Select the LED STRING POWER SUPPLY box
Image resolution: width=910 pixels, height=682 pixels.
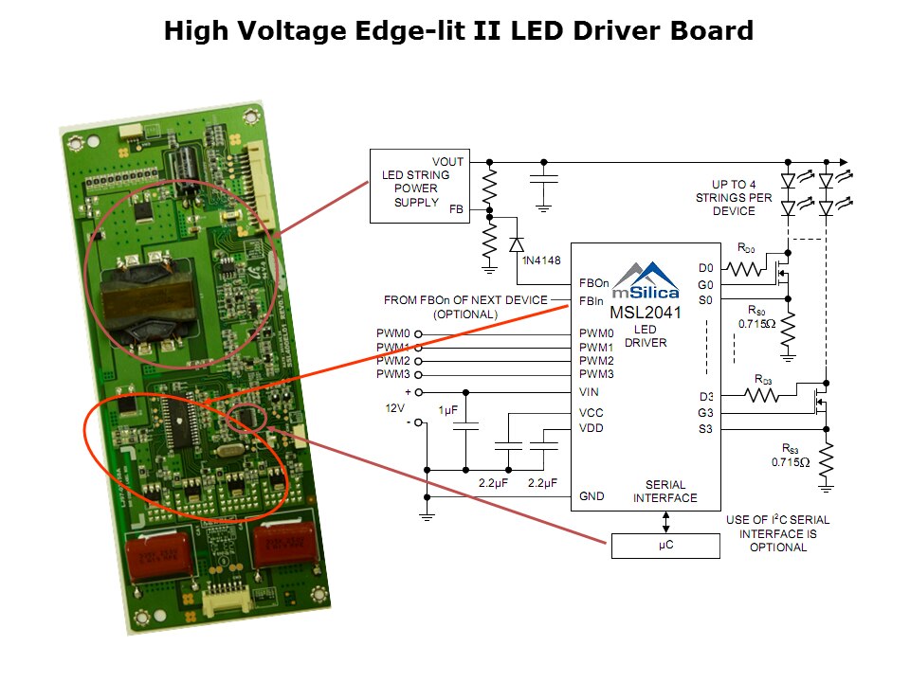[x=416, y=187]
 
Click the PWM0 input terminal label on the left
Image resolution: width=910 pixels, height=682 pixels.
[x=393, y=333]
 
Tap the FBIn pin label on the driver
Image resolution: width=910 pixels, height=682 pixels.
[x=593, y=300]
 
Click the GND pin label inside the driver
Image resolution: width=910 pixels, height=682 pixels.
[x=591, y=496]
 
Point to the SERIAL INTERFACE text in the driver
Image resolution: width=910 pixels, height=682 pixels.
[x=664, y=491]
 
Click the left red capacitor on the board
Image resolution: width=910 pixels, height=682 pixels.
[x=159, y=554]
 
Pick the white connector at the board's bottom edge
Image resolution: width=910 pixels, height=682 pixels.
[x=227, y=600]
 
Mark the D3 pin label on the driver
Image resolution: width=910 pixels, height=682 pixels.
[x=704, y=396]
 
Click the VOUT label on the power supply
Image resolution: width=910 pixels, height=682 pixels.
[x=447, y=162]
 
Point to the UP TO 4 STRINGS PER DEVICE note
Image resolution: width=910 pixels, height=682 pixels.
[x=747, y=197]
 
